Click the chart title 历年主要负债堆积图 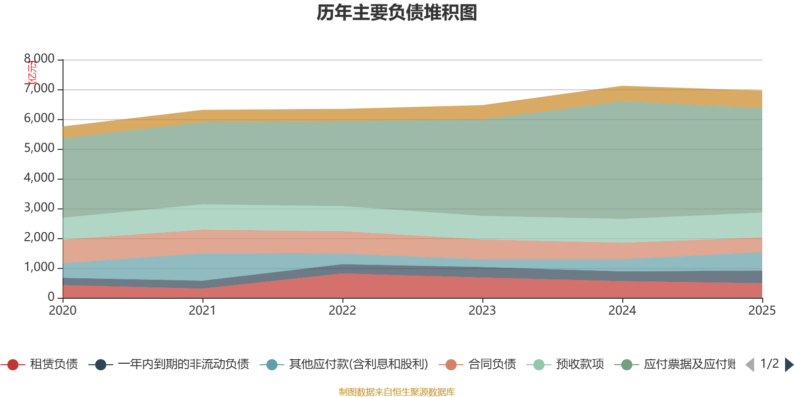[397, 13]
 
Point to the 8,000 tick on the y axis [40, 59]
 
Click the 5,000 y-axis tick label [40, 148]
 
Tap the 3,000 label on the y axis [40, 208]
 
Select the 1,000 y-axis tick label [40, 267]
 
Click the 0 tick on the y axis [51, 297]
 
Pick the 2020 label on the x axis [63, 311]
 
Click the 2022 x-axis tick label [342, 311]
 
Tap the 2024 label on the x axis [622, 311]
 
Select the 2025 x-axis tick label [762, 311]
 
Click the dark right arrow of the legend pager [789, 365]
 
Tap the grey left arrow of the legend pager [750, 365]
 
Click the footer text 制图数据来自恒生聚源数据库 [397, 392]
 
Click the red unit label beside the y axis [32, 72]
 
